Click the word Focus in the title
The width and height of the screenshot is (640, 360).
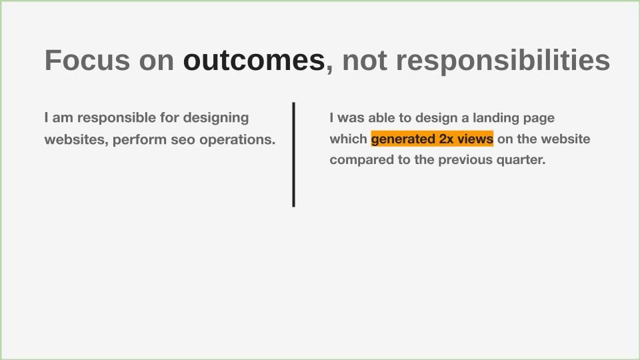coord(87,61)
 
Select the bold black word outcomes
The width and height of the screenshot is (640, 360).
coord(254,61)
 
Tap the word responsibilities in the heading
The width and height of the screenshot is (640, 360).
coord(503,61)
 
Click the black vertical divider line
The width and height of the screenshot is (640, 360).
coord(293,155)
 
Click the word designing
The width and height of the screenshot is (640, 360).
coord(216,118)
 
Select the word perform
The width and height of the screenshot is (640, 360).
coord(139,140)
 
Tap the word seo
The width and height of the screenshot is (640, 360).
coord(183,140)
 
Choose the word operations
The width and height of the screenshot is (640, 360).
coord(237,140)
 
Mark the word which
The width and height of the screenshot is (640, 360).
coord(349,139)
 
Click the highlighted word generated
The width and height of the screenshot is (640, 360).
coord(403,139)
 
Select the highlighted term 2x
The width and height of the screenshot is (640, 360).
coord(446,139)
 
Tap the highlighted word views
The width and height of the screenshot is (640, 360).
coord(475,139)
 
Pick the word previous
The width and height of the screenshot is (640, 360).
coord(465,160)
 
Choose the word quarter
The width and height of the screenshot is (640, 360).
coord(521,160)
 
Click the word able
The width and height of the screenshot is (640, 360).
coord(381,118)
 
